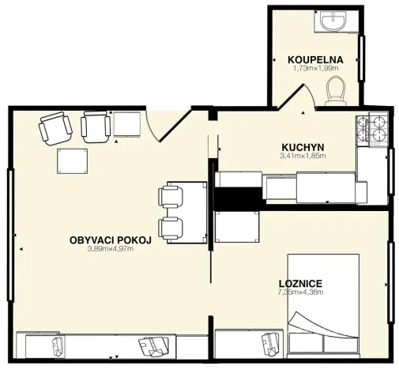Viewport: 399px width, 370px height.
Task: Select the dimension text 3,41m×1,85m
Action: coord(303,156)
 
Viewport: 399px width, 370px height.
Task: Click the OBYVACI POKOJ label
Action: coord(110,240)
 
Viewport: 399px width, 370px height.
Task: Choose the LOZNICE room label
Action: coord(300,283)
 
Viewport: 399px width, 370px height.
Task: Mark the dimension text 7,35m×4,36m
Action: coord(300,293)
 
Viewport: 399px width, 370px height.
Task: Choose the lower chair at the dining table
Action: coord(172,228)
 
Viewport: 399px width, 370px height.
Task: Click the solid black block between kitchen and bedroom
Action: coord(238,198)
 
